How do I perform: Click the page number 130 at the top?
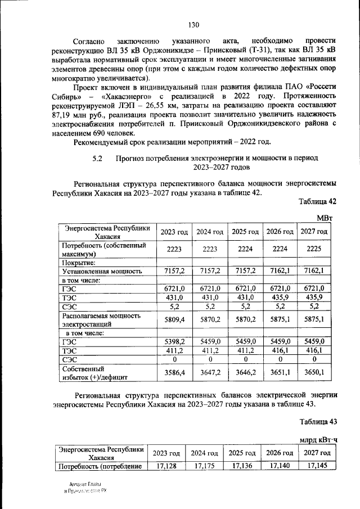(x=194, y=24)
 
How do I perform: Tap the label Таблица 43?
(x=317, y=421)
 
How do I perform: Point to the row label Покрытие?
(x=78, y=262)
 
